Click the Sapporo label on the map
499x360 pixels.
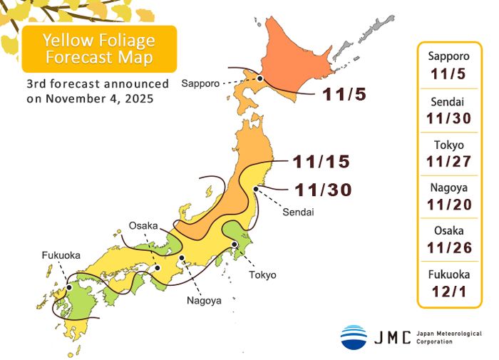tap(200, 83)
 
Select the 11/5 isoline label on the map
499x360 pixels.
tap(344, 93)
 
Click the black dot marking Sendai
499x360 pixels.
tap(255, 188)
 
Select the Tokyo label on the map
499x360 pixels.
tap(262, 274)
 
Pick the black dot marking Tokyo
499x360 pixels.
tap(235, 245)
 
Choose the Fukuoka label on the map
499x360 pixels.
tap(61, 254)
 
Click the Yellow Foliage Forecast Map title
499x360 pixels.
tap(98, 48)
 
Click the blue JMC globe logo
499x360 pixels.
tap(354, 336)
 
